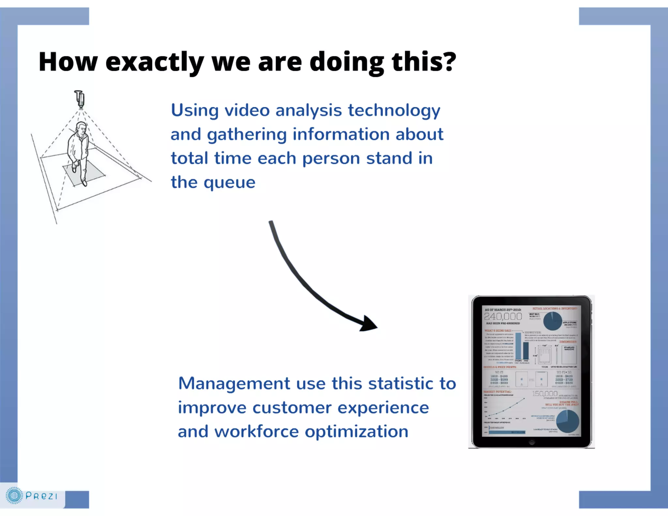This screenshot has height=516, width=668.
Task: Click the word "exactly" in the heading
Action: (x=154, y=62)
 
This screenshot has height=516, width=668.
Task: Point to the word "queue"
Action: (x=229, y=183)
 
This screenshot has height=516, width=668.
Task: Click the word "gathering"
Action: (x=247, y=135)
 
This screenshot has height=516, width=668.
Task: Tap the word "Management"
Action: (x=234, y=384)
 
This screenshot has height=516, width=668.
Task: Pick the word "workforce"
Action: (x=256, y=432)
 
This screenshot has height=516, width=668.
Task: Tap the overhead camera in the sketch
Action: (x=80, y=99)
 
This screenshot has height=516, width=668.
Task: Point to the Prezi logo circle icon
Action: (x=14, y=496)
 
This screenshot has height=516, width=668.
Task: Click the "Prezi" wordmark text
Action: (x=41, y=496)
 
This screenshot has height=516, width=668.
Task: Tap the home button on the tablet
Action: (x=532, y=442)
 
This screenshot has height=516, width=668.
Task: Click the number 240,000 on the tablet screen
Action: (x=503, y=316)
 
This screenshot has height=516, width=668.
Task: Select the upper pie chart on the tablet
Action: (x=553, y=321)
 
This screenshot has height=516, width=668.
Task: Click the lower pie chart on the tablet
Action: (x=568, y=421)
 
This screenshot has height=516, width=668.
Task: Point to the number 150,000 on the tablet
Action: (x=545, y=394)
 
